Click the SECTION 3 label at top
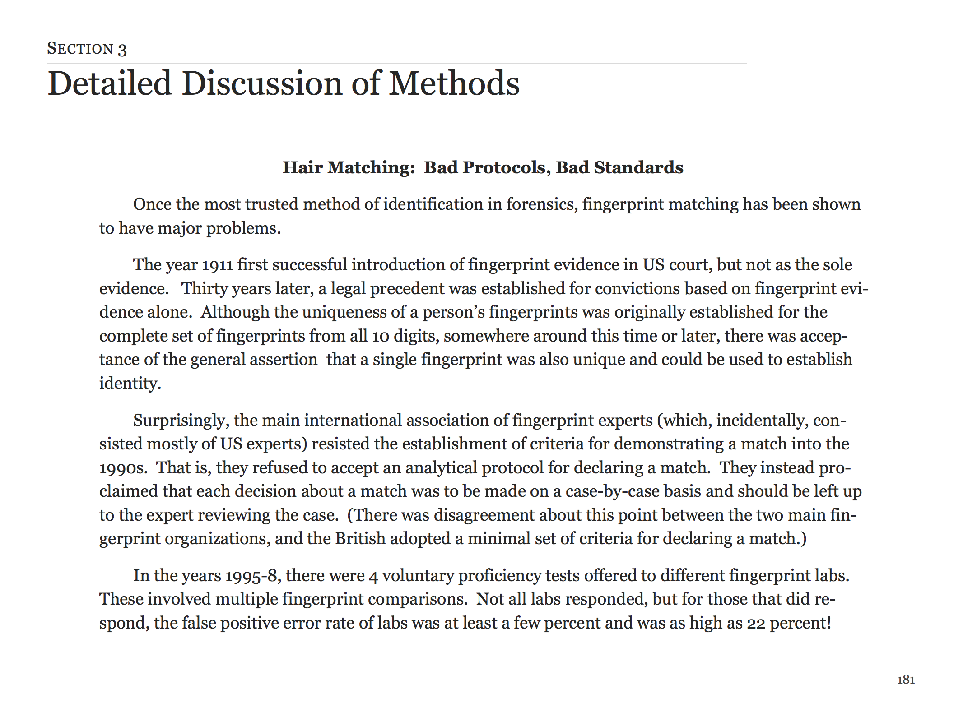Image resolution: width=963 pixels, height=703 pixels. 87,49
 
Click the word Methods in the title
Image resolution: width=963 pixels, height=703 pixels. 454,84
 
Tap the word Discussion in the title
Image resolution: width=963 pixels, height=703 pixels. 262,84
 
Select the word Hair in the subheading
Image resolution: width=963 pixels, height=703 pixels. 302,167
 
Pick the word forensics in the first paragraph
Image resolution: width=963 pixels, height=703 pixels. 539,204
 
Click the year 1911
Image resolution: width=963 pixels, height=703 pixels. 217,265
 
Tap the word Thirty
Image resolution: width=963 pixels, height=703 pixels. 205,289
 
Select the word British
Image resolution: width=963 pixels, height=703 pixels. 360,539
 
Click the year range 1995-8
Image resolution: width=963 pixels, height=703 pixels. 253,576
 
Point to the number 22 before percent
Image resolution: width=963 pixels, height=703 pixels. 756,624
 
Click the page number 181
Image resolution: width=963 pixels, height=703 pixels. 906,680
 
